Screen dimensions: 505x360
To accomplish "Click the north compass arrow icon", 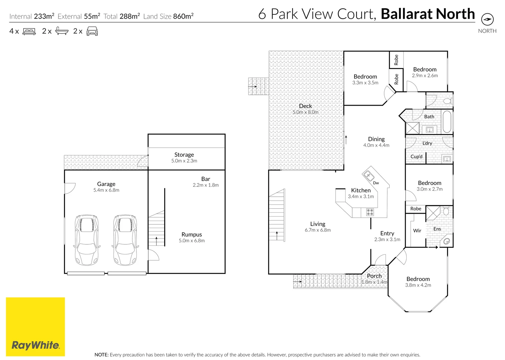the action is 487,19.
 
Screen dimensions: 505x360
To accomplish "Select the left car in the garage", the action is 87,240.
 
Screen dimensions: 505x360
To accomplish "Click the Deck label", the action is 305,106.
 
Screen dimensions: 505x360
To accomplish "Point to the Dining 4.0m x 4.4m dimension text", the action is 376,145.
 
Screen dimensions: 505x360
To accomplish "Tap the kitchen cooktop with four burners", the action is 370,212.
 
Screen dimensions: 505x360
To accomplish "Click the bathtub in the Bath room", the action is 447,122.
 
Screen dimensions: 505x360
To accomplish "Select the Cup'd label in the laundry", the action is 416,157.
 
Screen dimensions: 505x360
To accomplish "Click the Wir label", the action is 417,231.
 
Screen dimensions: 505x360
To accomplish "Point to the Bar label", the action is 205,179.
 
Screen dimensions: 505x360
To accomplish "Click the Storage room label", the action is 184,155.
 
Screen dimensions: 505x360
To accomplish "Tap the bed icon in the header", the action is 29,31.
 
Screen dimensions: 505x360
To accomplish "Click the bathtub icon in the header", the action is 62,31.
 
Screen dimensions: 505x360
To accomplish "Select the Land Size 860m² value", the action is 183,16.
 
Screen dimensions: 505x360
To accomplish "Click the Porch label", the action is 374,276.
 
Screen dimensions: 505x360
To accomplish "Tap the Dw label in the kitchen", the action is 376,183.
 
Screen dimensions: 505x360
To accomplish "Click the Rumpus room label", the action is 191,234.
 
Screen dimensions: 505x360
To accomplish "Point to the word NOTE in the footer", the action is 101,355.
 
